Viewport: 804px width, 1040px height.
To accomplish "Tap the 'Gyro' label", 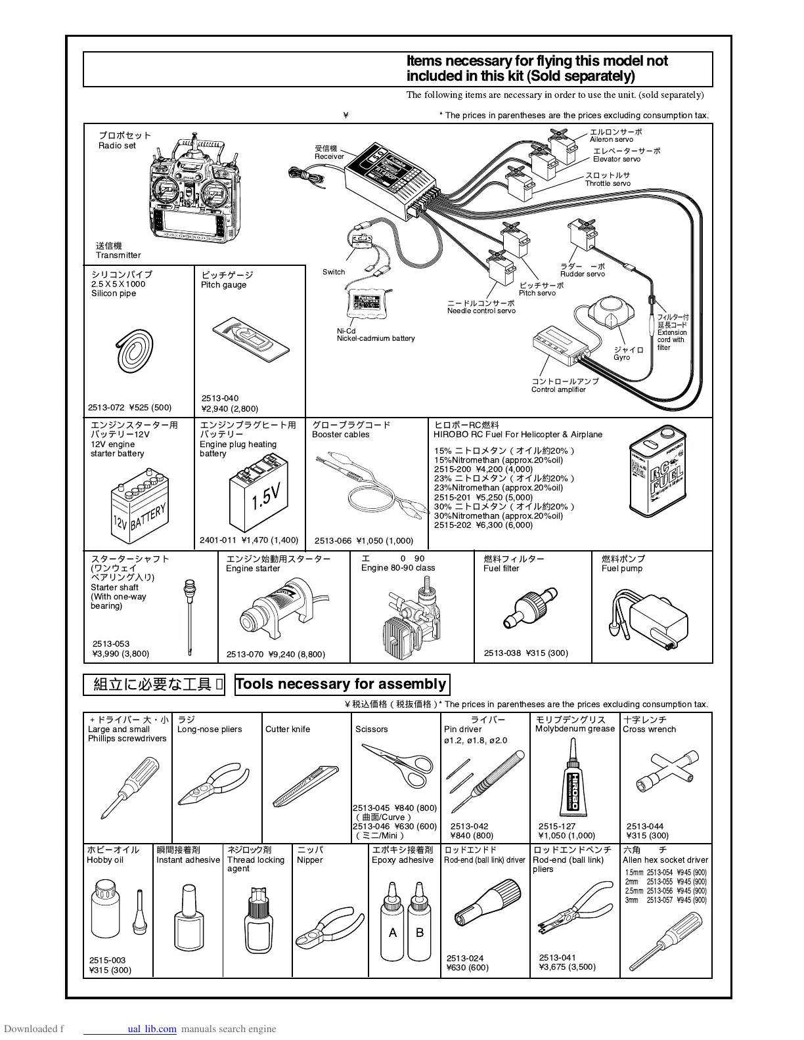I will point(621,358).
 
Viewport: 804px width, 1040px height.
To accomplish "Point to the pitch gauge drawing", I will point(251,339).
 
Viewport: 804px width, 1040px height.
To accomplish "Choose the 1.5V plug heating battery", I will point(259,496).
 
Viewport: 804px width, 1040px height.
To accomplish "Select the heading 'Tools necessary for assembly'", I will point(341,684).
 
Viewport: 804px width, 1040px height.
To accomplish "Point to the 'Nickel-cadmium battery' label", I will point(376,339).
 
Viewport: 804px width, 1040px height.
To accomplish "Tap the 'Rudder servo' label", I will point(582,274).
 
